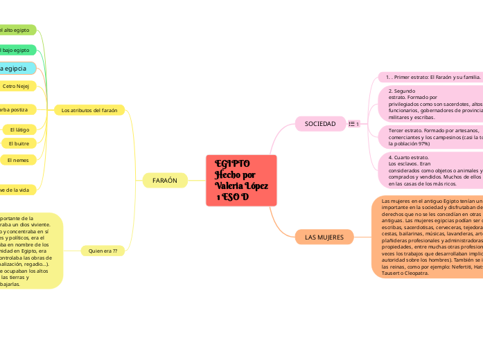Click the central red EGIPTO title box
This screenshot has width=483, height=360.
[x=241, y=180]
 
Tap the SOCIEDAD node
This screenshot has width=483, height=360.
[x=319, y=124]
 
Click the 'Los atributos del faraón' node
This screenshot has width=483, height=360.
[x=89, y=109]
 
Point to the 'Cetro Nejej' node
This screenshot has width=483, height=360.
[x=20, y=87]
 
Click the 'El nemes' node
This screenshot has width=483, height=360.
[x=18, y=160]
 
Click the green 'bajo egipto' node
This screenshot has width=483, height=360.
[x=17, y=50]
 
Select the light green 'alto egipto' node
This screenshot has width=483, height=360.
[x=17, y=30]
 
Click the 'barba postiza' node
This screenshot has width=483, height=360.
[x=17, y=109]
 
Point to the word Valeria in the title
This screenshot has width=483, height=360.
[x=229, y=186]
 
